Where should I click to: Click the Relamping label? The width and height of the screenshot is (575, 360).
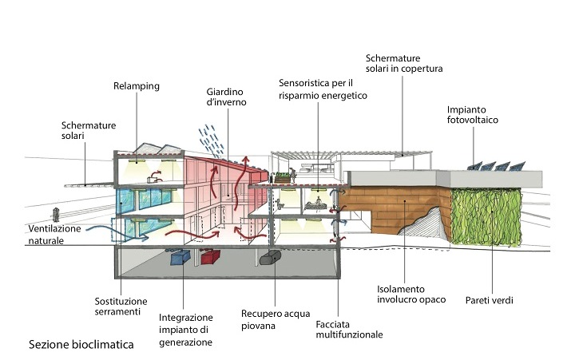click(x=137, y=86)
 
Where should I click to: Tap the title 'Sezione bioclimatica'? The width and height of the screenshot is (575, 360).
click(x=81, y=345)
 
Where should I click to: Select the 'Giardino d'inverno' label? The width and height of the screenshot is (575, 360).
click(x=226, y=97)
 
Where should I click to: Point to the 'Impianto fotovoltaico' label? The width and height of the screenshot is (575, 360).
click(x=472, y=115)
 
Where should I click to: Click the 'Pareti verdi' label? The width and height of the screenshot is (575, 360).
click(x=490, y=301)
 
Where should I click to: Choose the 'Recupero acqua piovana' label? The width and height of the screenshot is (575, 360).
click(x=276, y=319)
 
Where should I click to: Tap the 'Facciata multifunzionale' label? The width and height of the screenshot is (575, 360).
click(x=349, y=330)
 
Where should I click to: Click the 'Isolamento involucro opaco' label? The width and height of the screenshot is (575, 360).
click(x=411, y=295)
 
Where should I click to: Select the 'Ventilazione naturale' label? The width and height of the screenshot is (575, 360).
click(x=54, y=235)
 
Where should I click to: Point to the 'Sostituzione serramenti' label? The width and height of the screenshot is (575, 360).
click(x=121, y=307)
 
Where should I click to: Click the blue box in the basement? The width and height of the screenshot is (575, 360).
click(x=180, y=257)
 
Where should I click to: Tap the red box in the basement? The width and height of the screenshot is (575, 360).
click(x=211, y=256)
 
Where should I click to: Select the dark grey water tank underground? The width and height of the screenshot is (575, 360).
click(x=271, y=257)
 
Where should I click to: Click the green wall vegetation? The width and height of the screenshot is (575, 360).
click(x=486, y=216)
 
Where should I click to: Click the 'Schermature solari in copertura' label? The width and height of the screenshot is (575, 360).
click(x=404, y=63)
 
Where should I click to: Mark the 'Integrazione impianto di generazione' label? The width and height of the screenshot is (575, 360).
click(x=185, y=330)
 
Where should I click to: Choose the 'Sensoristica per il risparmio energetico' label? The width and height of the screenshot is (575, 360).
click(x=323, y=89)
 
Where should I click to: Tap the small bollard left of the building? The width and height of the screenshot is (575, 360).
click(x=56, y=215)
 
